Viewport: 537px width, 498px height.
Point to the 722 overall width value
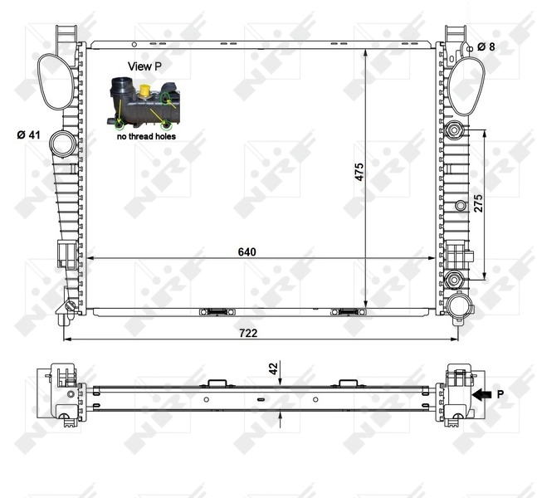(248, 333)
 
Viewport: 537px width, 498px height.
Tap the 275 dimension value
(478, 203)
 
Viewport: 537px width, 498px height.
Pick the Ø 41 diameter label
(29, 134)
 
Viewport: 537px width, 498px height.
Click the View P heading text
(144, 65)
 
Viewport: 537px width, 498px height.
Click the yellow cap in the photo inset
(145, 90)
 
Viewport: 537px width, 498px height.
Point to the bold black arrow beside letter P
(481, 396)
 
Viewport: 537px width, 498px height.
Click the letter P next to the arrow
(500, 396)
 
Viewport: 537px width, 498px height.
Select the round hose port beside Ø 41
(61, 144)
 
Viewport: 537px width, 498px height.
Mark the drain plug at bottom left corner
(70, 310)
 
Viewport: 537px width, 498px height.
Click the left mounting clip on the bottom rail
(214, 312)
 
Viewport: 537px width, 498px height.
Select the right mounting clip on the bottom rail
(346, 312)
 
